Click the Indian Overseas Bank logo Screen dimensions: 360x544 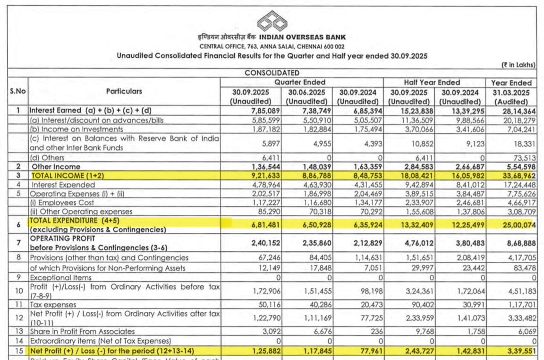(272, 22)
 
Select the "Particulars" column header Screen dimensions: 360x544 (124, 91)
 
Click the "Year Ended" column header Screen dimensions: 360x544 (511, 83)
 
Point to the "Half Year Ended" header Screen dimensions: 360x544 (432, 82)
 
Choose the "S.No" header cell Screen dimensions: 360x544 (17, 91)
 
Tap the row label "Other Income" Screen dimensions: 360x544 (56, 167)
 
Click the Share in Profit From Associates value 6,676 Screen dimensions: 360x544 (317, 332)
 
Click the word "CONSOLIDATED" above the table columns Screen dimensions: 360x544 (272, 73)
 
